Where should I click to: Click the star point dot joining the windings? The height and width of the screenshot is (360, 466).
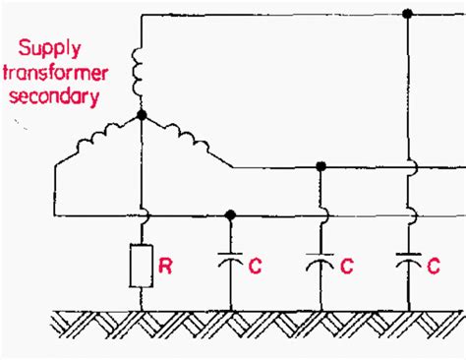(x=143, y=115)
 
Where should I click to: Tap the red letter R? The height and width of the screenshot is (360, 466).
(x=167, y=265)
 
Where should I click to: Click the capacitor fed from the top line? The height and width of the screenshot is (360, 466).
(x=408, y=264)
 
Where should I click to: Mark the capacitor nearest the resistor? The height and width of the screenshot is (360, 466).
(x=230, y=264)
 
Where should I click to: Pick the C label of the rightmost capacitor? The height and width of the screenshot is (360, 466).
(x=434, y=265)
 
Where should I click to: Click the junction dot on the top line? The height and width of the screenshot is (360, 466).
(x=408, y=15)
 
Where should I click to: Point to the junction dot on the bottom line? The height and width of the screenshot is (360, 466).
(x=230, y=214)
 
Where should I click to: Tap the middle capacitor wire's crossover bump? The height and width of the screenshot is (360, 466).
(x=320, y=214)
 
